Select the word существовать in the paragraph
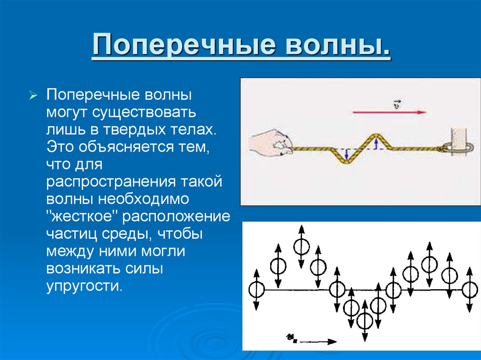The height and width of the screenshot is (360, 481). [x=147, y=113]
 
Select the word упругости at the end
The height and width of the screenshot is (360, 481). [x=84, y=285]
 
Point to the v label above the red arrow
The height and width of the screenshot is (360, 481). [x=396, y=104]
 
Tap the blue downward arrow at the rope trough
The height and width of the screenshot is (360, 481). [x=346, y=154]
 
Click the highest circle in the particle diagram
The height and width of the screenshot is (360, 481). [x=301, y=245]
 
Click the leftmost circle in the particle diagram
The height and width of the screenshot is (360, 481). [x=256, y=289]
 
